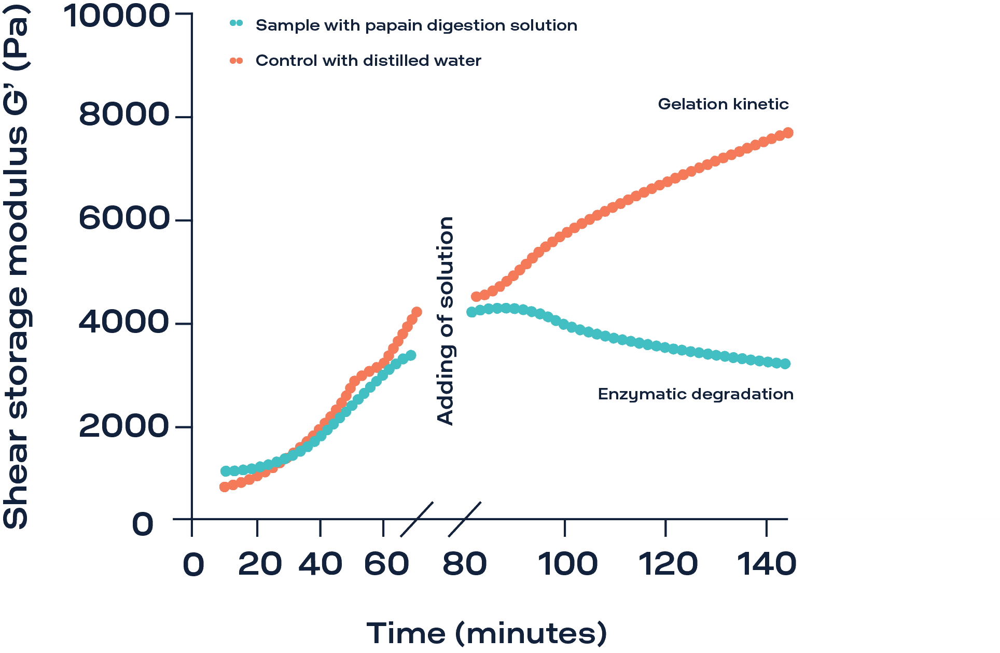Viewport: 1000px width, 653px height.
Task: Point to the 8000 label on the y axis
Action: [124, 115]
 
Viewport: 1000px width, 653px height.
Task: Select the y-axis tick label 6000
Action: [124, 218]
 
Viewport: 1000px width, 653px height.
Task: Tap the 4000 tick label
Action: [124, 322]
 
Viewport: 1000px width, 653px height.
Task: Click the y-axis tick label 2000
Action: [124, 426]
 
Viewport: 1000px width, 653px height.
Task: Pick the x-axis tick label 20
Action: [260, 564]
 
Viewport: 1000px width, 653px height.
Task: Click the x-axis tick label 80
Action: [465, 564]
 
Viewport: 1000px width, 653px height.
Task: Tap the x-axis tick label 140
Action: [767, 564]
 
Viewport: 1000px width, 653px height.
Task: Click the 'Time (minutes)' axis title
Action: [487, 633]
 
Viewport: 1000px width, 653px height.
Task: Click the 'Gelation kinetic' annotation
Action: [723, 104]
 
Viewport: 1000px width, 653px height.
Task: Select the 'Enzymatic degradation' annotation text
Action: [696, 394]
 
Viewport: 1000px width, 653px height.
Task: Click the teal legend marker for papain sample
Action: [236, 23]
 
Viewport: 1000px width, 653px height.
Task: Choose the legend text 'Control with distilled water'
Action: [368, 61]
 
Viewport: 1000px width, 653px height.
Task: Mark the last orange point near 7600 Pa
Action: [788, 133]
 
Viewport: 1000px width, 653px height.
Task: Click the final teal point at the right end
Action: [786, 364]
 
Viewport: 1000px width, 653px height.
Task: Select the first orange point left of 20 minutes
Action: [224, 487]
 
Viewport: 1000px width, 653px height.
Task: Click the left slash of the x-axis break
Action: [416, 519]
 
